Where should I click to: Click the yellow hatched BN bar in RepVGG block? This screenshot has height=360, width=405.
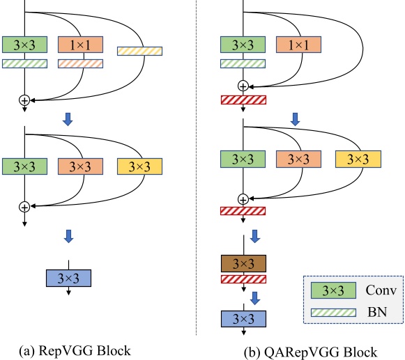pos(139,51)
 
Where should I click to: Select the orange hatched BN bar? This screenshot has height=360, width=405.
pos(80,63)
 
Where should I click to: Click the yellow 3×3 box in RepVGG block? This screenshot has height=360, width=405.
pos(139,167)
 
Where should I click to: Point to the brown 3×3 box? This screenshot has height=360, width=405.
pos(243,263)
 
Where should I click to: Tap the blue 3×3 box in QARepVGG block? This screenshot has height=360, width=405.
pos(243,318)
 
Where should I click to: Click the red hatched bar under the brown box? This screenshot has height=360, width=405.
pos(243,279)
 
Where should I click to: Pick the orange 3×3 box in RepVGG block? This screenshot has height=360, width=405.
pos(80,167)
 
